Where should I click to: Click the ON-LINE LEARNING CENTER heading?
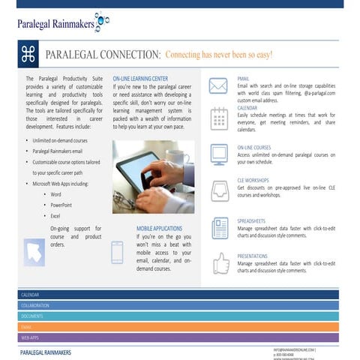coord(140,78)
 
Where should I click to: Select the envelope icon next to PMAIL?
coord(218,85)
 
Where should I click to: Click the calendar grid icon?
coord(218,118)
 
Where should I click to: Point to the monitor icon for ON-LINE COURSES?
coord(219,154)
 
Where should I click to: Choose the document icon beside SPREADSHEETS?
coord(220,226)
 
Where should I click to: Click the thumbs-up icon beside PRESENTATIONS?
coord(220,262)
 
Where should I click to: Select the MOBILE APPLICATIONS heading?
coord(160,228)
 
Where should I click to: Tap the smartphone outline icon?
coord(117,252)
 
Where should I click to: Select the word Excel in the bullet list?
coord(56,216)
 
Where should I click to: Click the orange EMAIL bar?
coord(180,327)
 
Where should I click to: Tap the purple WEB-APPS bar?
coord(180,337)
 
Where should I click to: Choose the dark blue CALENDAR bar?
coord(180,295)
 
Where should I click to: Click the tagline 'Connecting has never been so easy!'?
coord(219,55)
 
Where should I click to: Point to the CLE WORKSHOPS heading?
coord(253,181)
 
